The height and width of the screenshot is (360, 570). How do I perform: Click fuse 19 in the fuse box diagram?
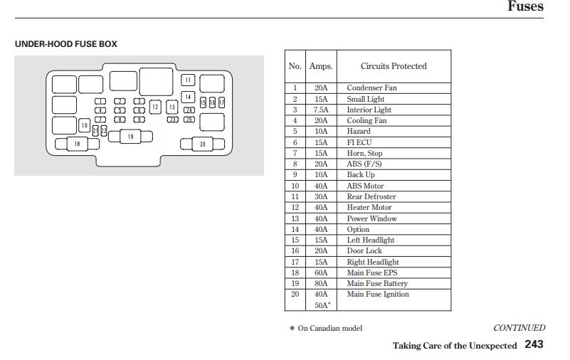tap(131, 137)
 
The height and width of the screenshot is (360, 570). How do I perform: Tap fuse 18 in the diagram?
tap(76, 144)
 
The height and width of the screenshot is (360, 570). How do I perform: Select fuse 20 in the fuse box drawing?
tap(202, 144)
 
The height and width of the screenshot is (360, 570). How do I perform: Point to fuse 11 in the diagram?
tap(188, 80)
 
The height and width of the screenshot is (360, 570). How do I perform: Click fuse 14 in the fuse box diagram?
tap(188, 97)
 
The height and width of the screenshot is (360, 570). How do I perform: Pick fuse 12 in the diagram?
tap(155, 107)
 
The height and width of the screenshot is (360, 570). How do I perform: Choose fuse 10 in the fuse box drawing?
tap(84, 126)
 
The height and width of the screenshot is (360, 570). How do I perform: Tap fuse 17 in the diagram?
tap(221, 103)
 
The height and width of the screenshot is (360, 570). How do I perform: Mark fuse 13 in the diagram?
tap(171, 107)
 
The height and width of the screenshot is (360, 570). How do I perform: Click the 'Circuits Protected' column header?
tap(394, 66)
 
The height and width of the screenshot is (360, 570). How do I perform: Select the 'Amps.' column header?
tap(321, 66)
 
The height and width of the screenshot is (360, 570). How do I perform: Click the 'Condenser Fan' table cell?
tap(371, 88)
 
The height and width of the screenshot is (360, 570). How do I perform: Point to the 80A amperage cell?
tap(321, 283)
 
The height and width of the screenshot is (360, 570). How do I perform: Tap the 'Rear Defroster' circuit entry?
tap(371, 196)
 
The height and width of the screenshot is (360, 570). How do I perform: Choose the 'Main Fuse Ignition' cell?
tap(378, 294)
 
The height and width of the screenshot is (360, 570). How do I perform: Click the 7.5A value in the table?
tap(321, 110)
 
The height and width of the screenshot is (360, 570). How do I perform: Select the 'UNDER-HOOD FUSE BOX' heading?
tap(66, 44)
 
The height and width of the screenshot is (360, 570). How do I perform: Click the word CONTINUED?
tap(519, 328)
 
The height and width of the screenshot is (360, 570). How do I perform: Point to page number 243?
tap(534, 344)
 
